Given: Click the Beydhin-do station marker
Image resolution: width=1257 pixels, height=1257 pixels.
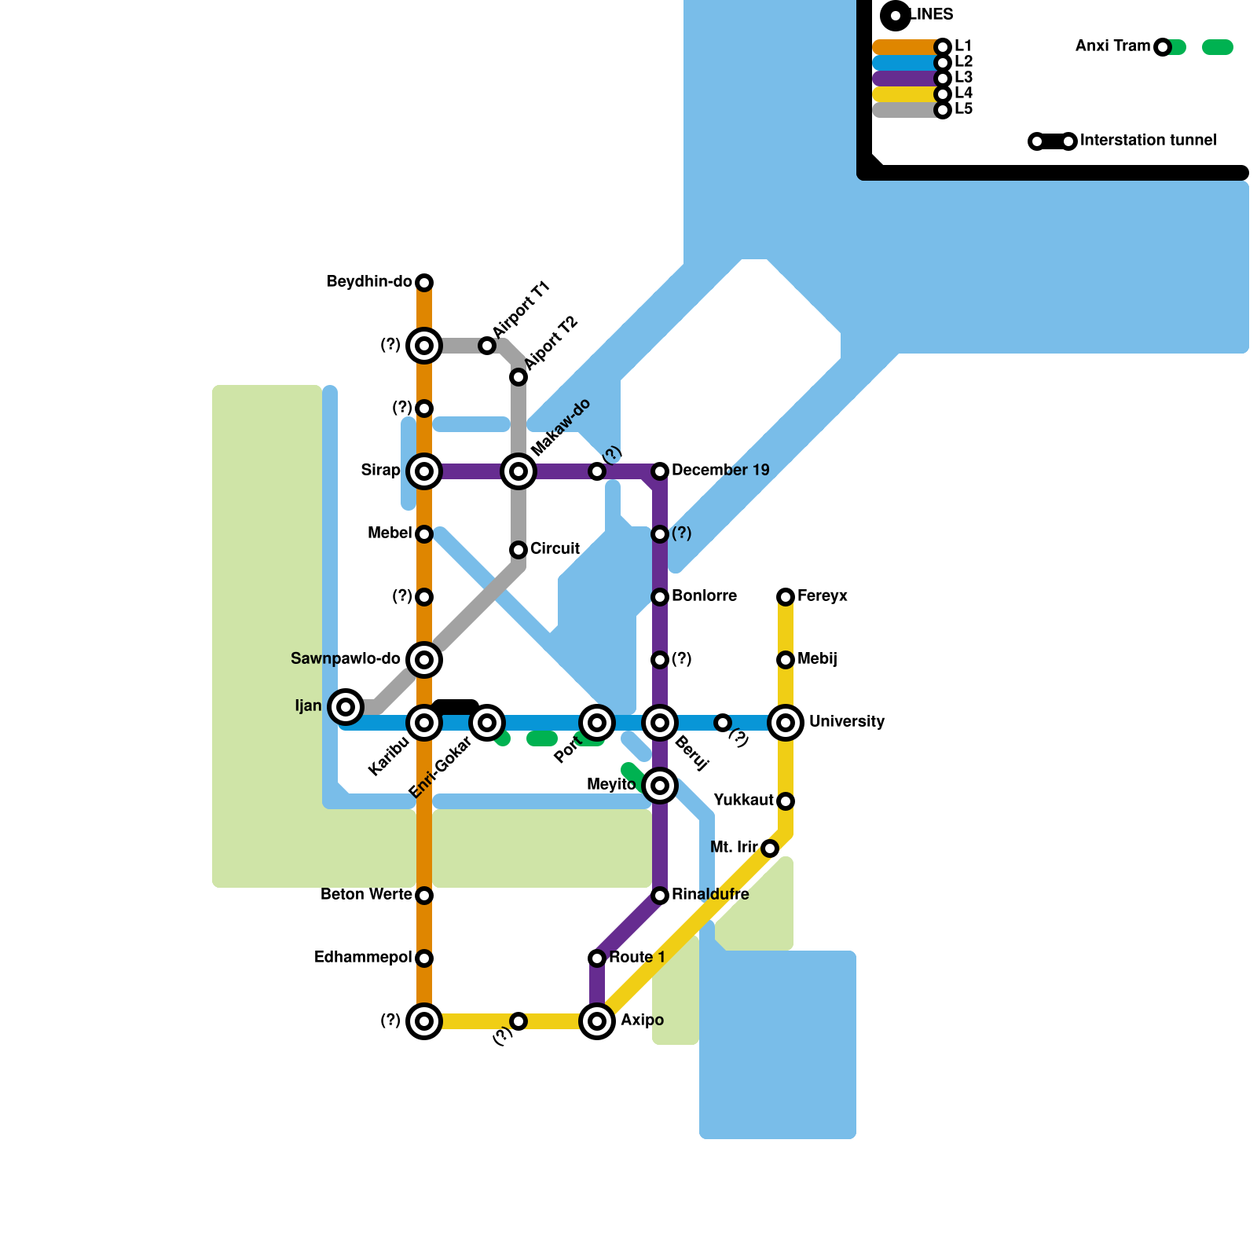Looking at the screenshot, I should click(x=424, y=283).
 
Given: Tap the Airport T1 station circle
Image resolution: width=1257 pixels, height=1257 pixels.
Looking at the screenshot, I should click(x=487, y=346).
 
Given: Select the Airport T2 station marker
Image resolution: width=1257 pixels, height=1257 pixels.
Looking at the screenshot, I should click(x=519, y=377).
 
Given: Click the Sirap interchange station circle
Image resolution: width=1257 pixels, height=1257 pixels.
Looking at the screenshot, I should click(x=424, y=471).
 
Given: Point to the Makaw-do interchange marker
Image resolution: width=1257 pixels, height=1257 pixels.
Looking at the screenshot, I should click(x=519, y=471).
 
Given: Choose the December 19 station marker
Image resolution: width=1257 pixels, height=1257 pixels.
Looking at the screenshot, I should click(x=660, y=471).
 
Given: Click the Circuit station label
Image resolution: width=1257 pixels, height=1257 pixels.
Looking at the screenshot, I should click(x=555, y=548).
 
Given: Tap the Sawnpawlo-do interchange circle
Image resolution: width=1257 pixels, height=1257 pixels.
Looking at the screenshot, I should click(x=424, y=660).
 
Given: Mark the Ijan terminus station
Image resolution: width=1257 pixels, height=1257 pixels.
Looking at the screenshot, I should click(x=346, y=707).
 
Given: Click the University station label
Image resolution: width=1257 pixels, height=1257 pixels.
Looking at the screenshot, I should click(x=847, y=721).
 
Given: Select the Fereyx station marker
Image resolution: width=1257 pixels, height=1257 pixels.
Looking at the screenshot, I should click(x=786, y=597).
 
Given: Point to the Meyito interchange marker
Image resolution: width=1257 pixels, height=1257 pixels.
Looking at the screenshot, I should click(x=660, y=786).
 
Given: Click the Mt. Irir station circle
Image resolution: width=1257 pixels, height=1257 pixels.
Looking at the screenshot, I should click(x=770, y=848).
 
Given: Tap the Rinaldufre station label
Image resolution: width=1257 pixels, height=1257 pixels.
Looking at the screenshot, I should click(x=710, y=894).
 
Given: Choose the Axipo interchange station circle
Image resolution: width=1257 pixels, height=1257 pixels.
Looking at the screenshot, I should click(x=597, y=1021).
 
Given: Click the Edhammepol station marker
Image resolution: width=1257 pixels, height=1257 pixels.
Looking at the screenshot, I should click(x=424, y=958).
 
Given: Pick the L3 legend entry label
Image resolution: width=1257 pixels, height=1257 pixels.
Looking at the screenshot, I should click(x=963, y=77).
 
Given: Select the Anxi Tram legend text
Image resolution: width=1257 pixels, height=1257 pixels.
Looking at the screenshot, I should click(x=1112, y=46).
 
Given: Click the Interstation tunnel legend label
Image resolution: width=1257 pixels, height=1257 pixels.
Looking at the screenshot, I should click(x=1148, y=140).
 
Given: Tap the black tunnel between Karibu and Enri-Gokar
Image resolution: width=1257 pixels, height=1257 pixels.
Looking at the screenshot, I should click(x=456, y=707).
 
